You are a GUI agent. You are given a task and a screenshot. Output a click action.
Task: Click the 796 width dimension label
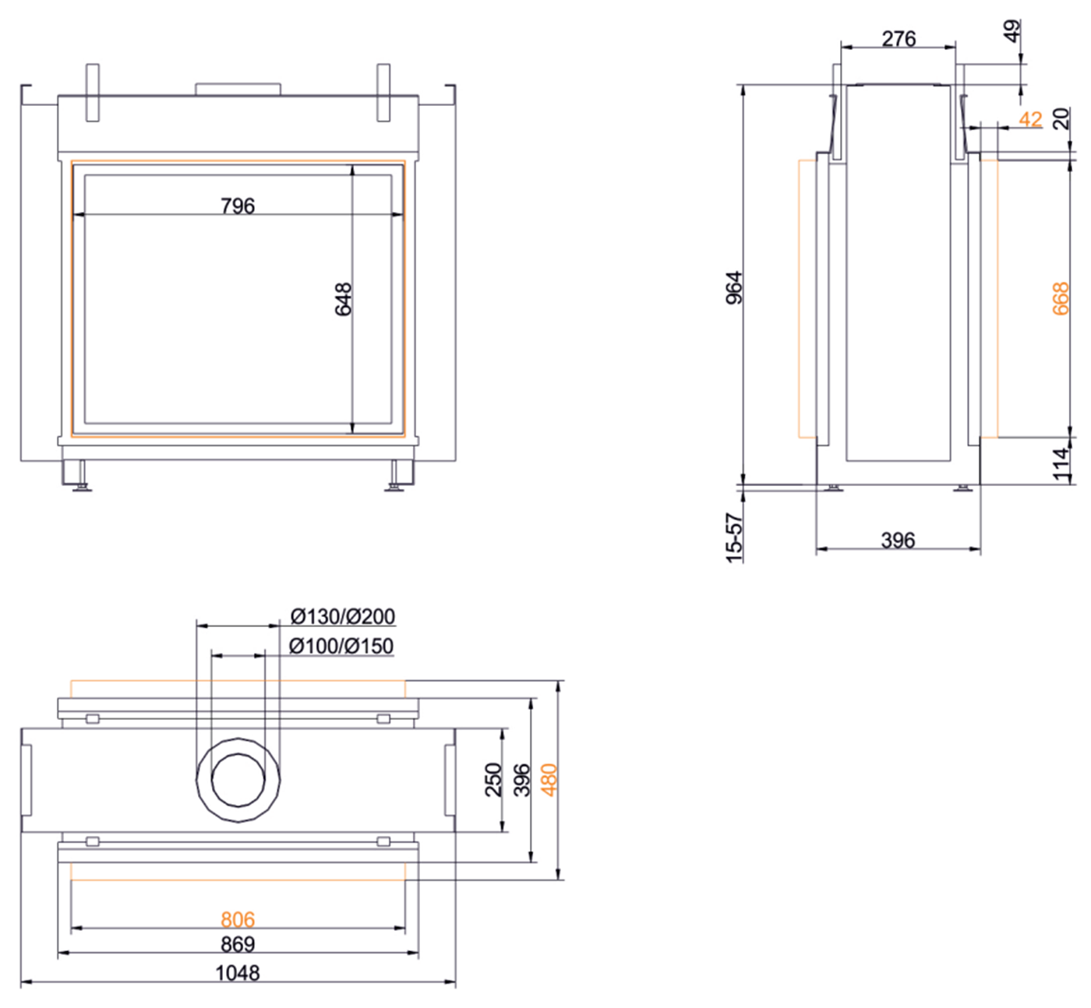pos(238,206)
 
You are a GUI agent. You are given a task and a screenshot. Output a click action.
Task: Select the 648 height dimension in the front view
pos(344,299)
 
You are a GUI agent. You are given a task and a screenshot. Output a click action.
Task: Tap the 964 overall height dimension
pos(735,287)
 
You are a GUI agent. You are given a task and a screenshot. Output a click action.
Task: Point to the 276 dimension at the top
pos(899,38)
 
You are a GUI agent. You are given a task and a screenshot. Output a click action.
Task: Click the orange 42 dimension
pos(1030,119)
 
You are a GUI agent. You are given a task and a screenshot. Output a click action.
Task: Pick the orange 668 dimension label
pos(1061,299)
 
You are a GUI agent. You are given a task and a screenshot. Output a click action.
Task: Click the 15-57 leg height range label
pos(734,537)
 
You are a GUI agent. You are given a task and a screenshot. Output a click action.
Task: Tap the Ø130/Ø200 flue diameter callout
pos(343,617)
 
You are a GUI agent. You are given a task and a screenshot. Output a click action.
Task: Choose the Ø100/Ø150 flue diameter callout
pos(341,647)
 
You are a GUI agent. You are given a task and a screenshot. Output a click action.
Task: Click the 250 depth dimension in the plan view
pos(493,780)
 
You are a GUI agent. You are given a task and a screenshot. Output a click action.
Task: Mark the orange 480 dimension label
pos(549,780)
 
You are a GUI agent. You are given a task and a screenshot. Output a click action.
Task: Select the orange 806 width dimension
pos(238,920)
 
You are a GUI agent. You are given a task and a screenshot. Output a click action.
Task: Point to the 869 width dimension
pos(238,944)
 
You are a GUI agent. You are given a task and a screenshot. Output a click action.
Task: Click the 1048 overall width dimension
pos(238,973)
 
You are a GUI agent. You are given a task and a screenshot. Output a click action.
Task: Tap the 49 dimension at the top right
pos(1012,31)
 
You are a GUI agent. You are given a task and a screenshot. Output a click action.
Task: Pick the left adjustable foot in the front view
pos(80,476)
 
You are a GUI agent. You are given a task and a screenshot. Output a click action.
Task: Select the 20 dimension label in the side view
pos(1061,118)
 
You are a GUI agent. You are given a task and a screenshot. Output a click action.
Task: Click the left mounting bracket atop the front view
pos(92,92)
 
